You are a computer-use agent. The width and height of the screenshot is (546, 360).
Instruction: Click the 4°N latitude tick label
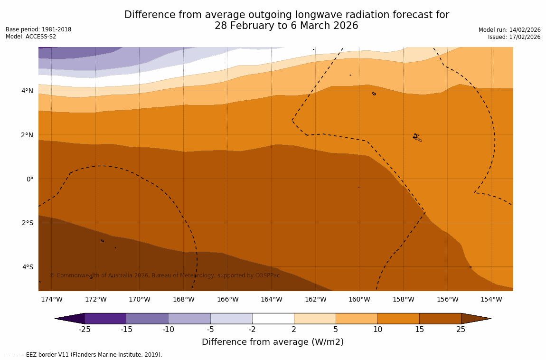click(28, 91)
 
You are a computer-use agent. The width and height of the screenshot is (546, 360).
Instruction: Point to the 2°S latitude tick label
click(28, 223)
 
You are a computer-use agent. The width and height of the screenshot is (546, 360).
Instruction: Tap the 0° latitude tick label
click(29, 179)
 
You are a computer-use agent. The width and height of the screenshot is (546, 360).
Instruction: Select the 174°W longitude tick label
click(51, 299)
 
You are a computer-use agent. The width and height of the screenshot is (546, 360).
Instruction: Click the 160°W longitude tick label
click(359, 299)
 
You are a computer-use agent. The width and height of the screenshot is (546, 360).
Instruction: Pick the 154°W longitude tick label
click(491, 299)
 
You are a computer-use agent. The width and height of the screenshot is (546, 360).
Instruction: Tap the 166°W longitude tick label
click(227, 299)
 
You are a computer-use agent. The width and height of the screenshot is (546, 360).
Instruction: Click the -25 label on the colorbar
click(85, 330)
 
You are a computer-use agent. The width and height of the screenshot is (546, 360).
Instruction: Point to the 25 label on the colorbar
click(461, 330)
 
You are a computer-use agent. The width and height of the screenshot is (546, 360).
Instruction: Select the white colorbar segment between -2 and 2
click(273, 318)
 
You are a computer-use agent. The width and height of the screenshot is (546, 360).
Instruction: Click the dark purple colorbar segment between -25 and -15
click(105, 318)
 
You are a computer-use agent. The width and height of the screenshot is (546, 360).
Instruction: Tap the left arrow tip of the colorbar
click(57, 318)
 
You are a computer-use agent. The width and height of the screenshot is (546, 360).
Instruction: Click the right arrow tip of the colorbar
click(489, 318)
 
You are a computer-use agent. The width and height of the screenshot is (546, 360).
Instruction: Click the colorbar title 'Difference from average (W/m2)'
click(273, 342)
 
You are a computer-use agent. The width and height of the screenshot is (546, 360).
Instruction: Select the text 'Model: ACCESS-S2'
click(31, 37)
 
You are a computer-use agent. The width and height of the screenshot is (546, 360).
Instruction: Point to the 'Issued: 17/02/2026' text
click(514, 37)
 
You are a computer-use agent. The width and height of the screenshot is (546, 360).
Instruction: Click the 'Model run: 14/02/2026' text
click(509, 30)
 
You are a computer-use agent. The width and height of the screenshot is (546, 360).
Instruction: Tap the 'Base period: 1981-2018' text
click(38, 29)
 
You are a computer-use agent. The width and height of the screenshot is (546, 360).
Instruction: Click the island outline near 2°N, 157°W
click(417, 138)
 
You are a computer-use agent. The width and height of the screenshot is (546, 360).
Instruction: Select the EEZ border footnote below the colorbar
click(84, 355)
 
